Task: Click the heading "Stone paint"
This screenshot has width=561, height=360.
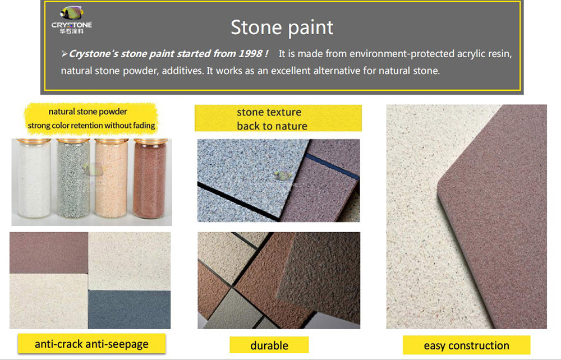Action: point(282,27)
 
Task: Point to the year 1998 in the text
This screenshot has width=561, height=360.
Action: point(250,54)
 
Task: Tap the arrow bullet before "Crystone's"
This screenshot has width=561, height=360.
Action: point(65,54)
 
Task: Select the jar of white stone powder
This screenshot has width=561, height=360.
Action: point(34,178)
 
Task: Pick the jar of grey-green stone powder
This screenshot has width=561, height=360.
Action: point(73,178)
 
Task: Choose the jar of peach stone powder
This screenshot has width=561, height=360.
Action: point(111,178)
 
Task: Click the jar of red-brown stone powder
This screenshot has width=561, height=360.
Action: point(150,178)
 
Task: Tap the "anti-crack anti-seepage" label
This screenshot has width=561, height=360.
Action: point(91,344)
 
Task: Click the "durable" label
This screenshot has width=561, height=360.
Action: point(269,345)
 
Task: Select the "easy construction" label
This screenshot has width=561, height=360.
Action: point(466,345)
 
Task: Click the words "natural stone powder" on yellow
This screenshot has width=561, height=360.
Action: point(88,112)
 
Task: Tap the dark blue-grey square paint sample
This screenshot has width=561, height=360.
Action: point(129,309)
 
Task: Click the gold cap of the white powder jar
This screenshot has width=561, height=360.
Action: point(34,141)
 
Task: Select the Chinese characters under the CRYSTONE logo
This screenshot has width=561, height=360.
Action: point(72,31)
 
